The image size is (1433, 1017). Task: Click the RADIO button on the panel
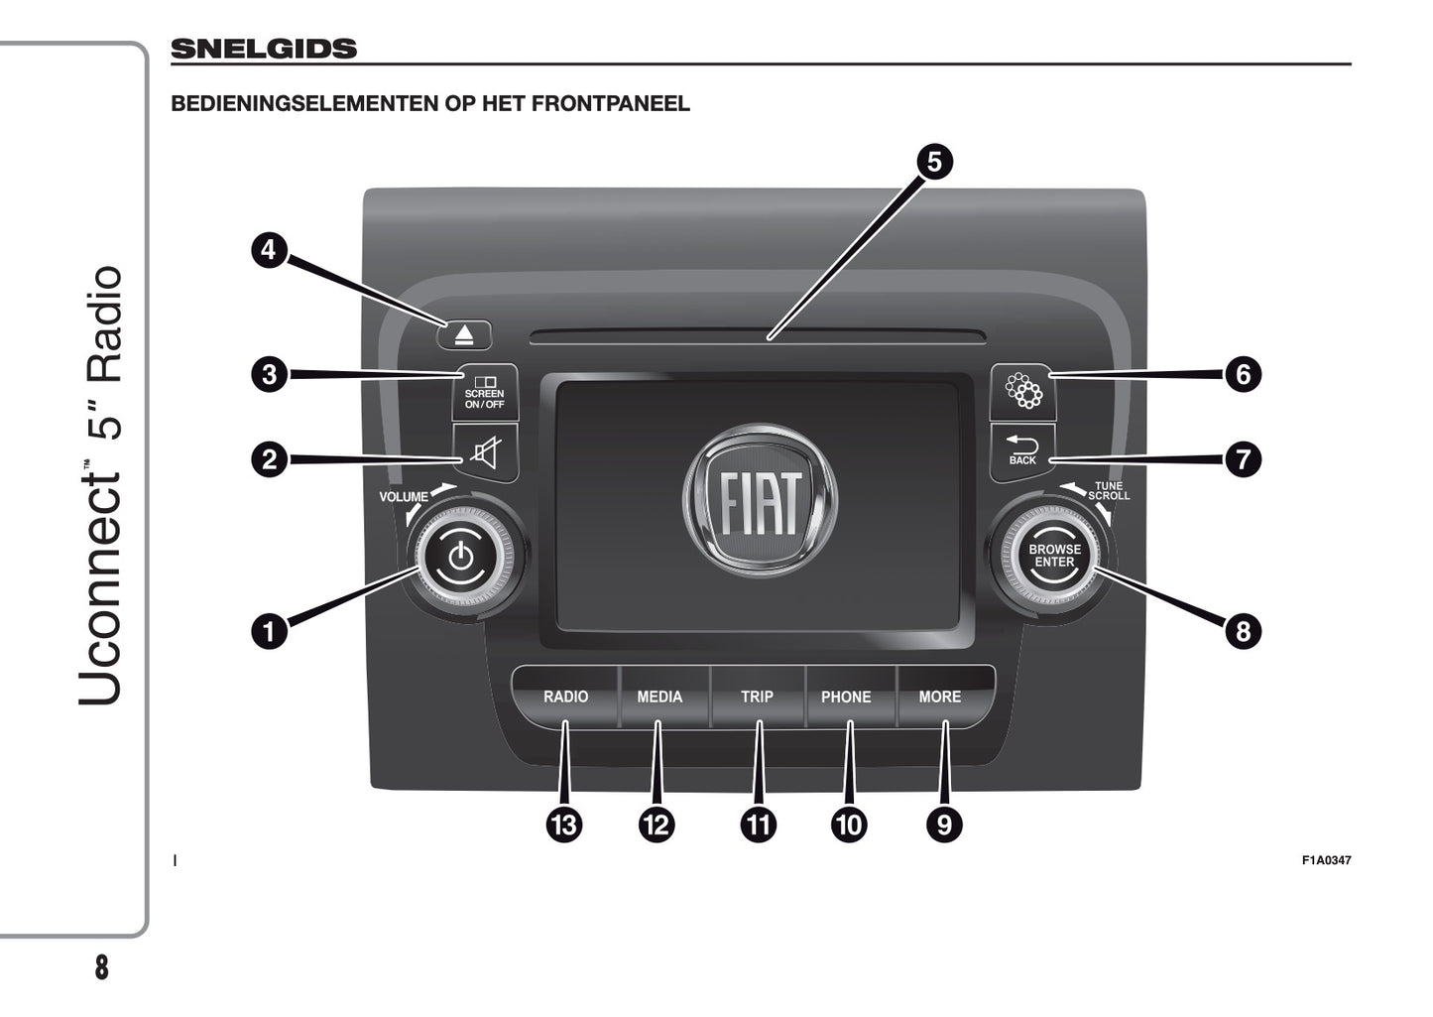565,697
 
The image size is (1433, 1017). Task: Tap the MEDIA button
659,697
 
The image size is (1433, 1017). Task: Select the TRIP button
757,697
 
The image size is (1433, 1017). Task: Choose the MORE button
940,697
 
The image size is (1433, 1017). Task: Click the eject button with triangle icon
465,335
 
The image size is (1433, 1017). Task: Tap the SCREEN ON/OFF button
485,392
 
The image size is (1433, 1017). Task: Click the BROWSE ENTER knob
1054,556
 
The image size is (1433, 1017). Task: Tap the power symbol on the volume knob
461,556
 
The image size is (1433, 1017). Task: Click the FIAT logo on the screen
761,502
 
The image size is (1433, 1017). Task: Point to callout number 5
934,162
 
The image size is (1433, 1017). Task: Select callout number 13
564,824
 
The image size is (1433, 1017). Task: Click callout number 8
1243,631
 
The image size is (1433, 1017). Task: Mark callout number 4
269,250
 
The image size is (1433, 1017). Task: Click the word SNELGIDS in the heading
264,49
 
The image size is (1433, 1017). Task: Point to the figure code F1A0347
1326,860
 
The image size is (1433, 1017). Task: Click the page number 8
101,967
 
